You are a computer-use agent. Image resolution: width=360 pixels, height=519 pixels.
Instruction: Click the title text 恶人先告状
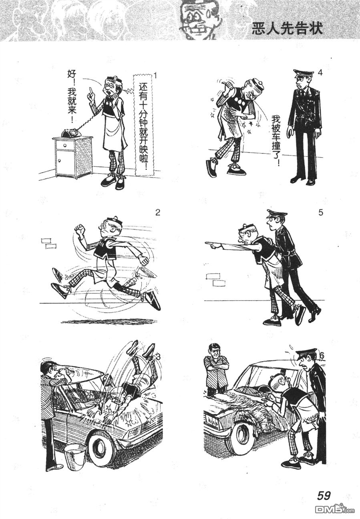(287, 29)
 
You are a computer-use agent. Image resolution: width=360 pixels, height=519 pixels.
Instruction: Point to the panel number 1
(156, 76)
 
